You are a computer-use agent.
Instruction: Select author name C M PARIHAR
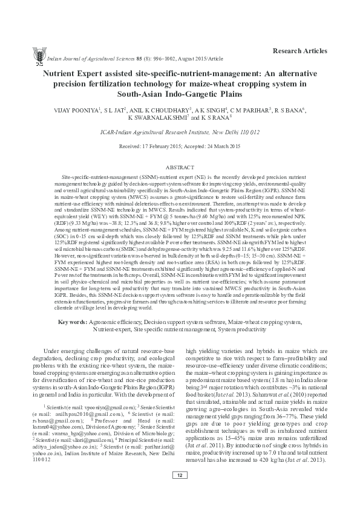coord(247,111)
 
